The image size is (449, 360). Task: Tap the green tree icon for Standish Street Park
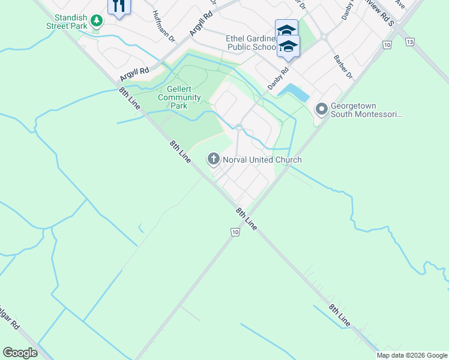pyautogui.click(x=96, y=21)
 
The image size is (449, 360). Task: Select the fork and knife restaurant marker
pyautogui.click(x=119, y=7)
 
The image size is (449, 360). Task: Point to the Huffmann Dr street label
pyautogui.click(x=163, y=27)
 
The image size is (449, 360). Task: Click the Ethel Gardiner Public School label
pyautogui.click(x=251, y=43)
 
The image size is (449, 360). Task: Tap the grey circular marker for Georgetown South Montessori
pyautogui.click(x=322, y=109)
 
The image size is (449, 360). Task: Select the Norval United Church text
pyautogui.click(x=262, y=160)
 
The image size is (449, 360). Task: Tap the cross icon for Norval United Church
pyautogui.click(x=213, y=159)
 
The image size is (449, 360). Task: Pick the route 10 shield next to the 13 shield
pyautogui.click(x=387, y=45)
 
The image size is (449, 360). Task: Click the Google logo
pyautogui.click(x=20, y=353)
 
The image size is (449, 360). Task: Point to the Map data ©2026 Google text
pyautogui.click(x=412, y=355)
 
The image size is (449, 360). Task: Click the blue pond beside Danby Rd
pyautogui.click(x=295, y=92)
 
